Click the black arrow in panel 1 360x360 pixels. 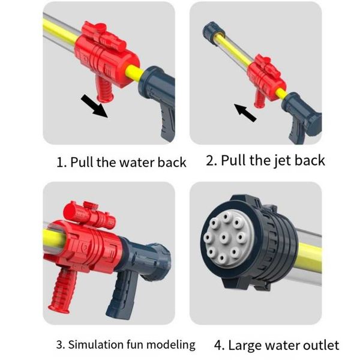pos(94,106)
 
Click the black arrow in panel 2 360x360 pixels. pos(245,113)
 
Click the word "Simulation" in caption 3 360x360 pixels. pos(96,344)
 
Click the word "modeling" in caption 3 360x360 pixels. pos(170,345)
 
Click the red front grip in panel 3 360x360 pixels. pos(62,290)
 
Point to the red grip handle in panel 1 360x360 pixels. pos(104,89)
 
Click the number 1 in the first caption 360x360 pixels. pos(59,163)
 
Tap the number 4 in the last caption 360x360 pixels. pos(218,346)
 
